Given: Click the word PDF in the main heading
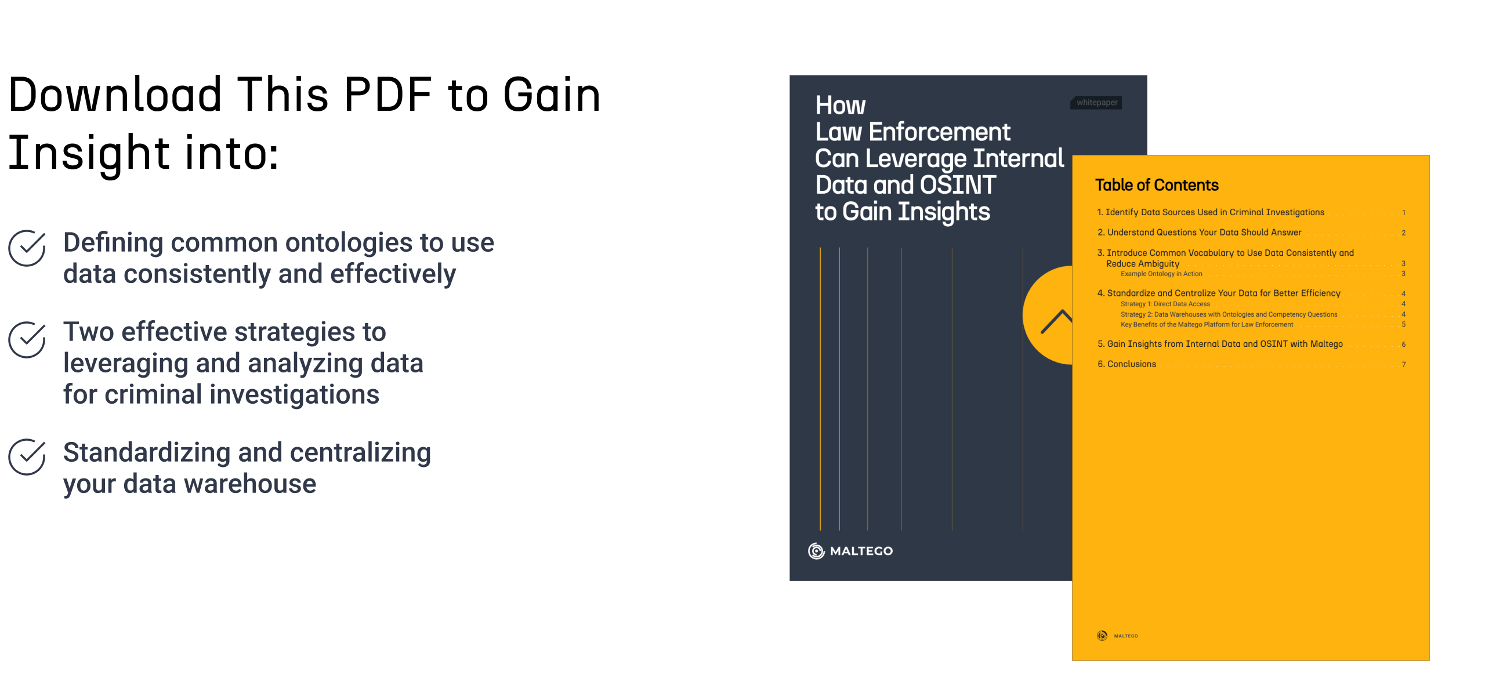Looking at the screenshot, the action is click(x=388, y=94).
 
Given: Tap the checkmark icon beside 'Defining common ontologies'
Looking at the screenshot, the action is click(x=27, y=248).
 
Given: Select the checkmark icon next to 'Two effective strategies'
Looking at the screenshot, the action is click(x=27, y=340).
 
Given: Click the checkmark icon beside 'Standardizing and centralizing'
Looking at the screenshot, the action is click(x=27, y=457).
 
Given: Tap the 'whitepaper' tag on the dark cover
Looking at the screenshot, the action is click(x=1097, y=103).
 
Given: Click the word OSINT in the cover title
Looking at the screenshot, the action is click(x=958, y=185).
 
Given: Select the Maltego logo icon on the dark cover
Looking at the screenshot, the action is click(x=816, y=551).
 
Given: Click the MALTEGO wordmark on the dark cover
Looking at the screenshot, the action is click(x=861, y=551).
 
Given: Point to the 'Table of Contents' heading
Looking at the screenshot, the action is click(x=1157, y=185).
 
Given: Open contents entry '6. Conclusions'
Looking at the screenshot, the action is click(x=1127, y=364).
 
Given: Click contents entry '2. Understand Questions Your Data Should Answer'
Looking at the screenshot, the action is click(x=1199, y=233).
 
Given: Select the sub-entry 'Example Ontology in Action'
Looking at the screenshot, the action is click(x=1161, y=274).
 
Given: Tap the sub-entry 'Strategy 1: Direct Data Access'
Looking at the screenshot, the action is click(x=1165, y=304).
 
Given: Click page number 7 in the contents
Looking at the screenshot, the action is click(x=1404, y=364).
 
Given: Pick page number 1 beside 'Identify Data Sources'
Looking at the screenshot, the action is click(x=1404, y=213).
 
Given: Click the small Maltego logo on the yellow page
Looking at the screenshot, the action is click(x=1102, y=636).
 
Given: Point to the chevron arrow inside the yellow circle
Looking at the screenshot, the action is click(x=1056, y=321).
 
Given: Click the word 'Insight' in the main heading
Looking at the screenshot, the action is click(x=89, y=153).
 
